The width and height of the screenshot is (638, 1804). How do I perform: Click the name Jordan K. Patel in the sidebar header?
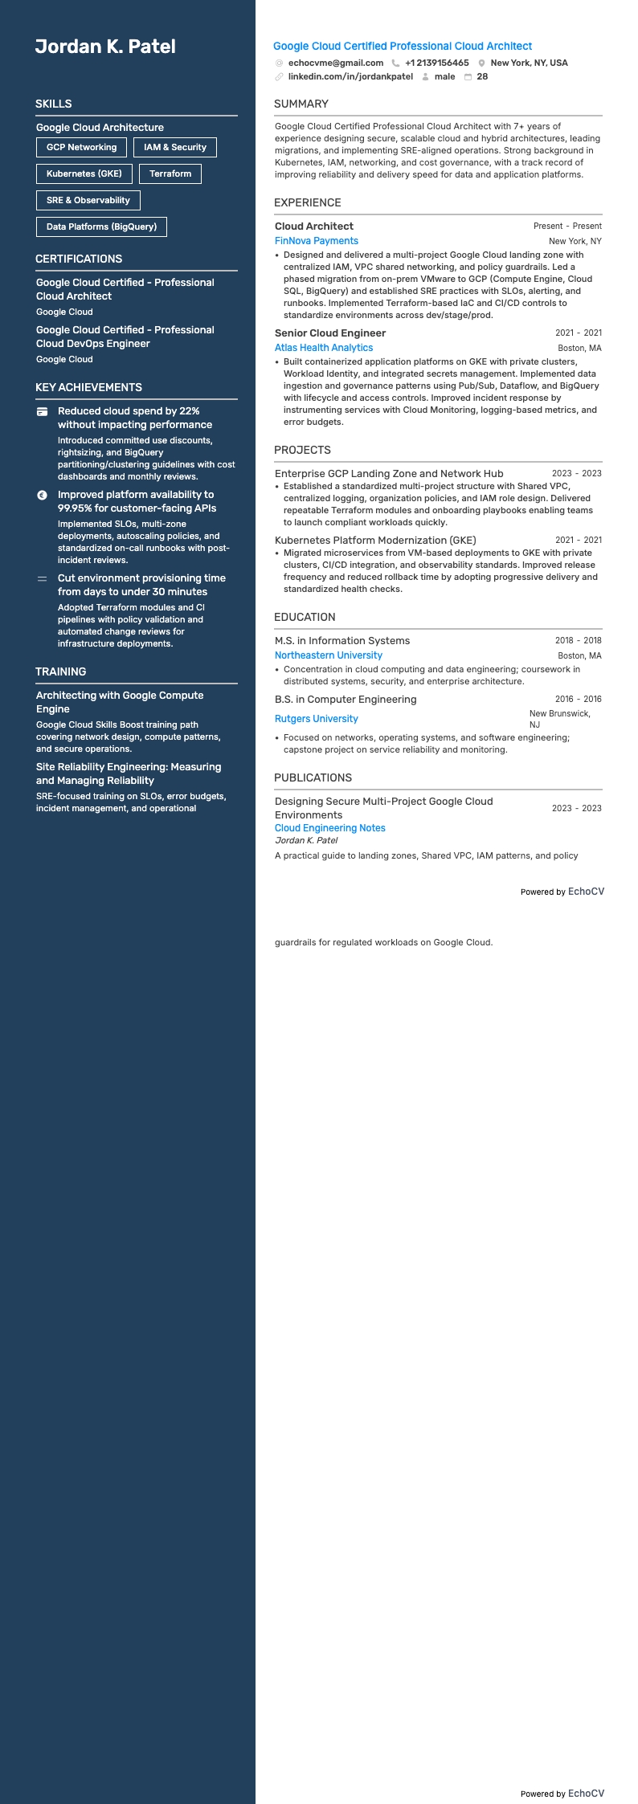(105, 47)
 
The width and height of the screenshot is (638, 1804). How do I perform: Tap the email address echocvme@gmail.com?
(335, 63)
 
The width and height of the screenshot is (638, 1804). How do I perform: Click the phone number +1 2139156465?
(436, 63)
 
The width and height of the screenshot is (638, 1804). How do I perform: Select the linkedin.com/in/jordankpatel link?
(350, 77)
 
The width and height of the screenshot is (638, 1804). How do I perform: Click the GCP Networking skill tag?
(81, 148)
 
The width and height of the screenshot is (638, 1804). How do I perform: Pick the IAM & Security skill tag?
(175, 148)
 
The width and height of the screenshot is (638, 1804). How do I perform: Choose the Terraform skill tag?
(170, 173)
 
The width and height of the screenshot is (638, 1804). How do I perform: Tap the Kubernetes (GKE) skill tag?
(84, 173)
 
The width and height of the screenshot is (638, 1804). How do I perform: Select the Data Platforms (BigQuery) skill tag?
(101, 227)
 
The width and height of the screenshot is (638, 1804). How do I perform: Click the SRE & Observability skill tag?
(88, 200)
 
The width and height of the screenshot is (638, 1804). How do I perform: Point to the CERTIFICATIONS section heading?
(79, 259)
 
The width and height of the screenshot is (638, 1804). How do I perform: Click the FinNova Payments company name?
(317, 241)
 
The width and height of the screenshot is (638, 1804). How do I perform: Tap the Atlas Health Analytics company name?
(324, 348)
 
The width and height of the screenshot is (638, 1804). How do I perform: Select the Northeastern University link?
(329, 655)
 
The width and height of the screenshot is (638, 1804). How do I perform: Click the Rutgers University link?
(317, 719)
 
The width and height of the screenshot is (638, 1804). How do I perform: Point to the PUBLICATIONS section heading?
(313, 778)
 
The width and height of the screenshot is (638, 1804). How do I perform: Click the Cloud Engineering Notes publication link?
(330, 828)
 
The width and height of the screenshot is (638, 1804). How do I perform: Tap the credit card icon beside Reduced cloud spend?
(43, 411)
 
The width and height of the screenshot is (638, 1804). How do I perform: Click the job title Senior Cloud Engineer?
(330, 333)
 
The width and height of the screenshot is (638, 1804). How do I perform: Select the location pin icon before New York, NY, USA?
(481, 63)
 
